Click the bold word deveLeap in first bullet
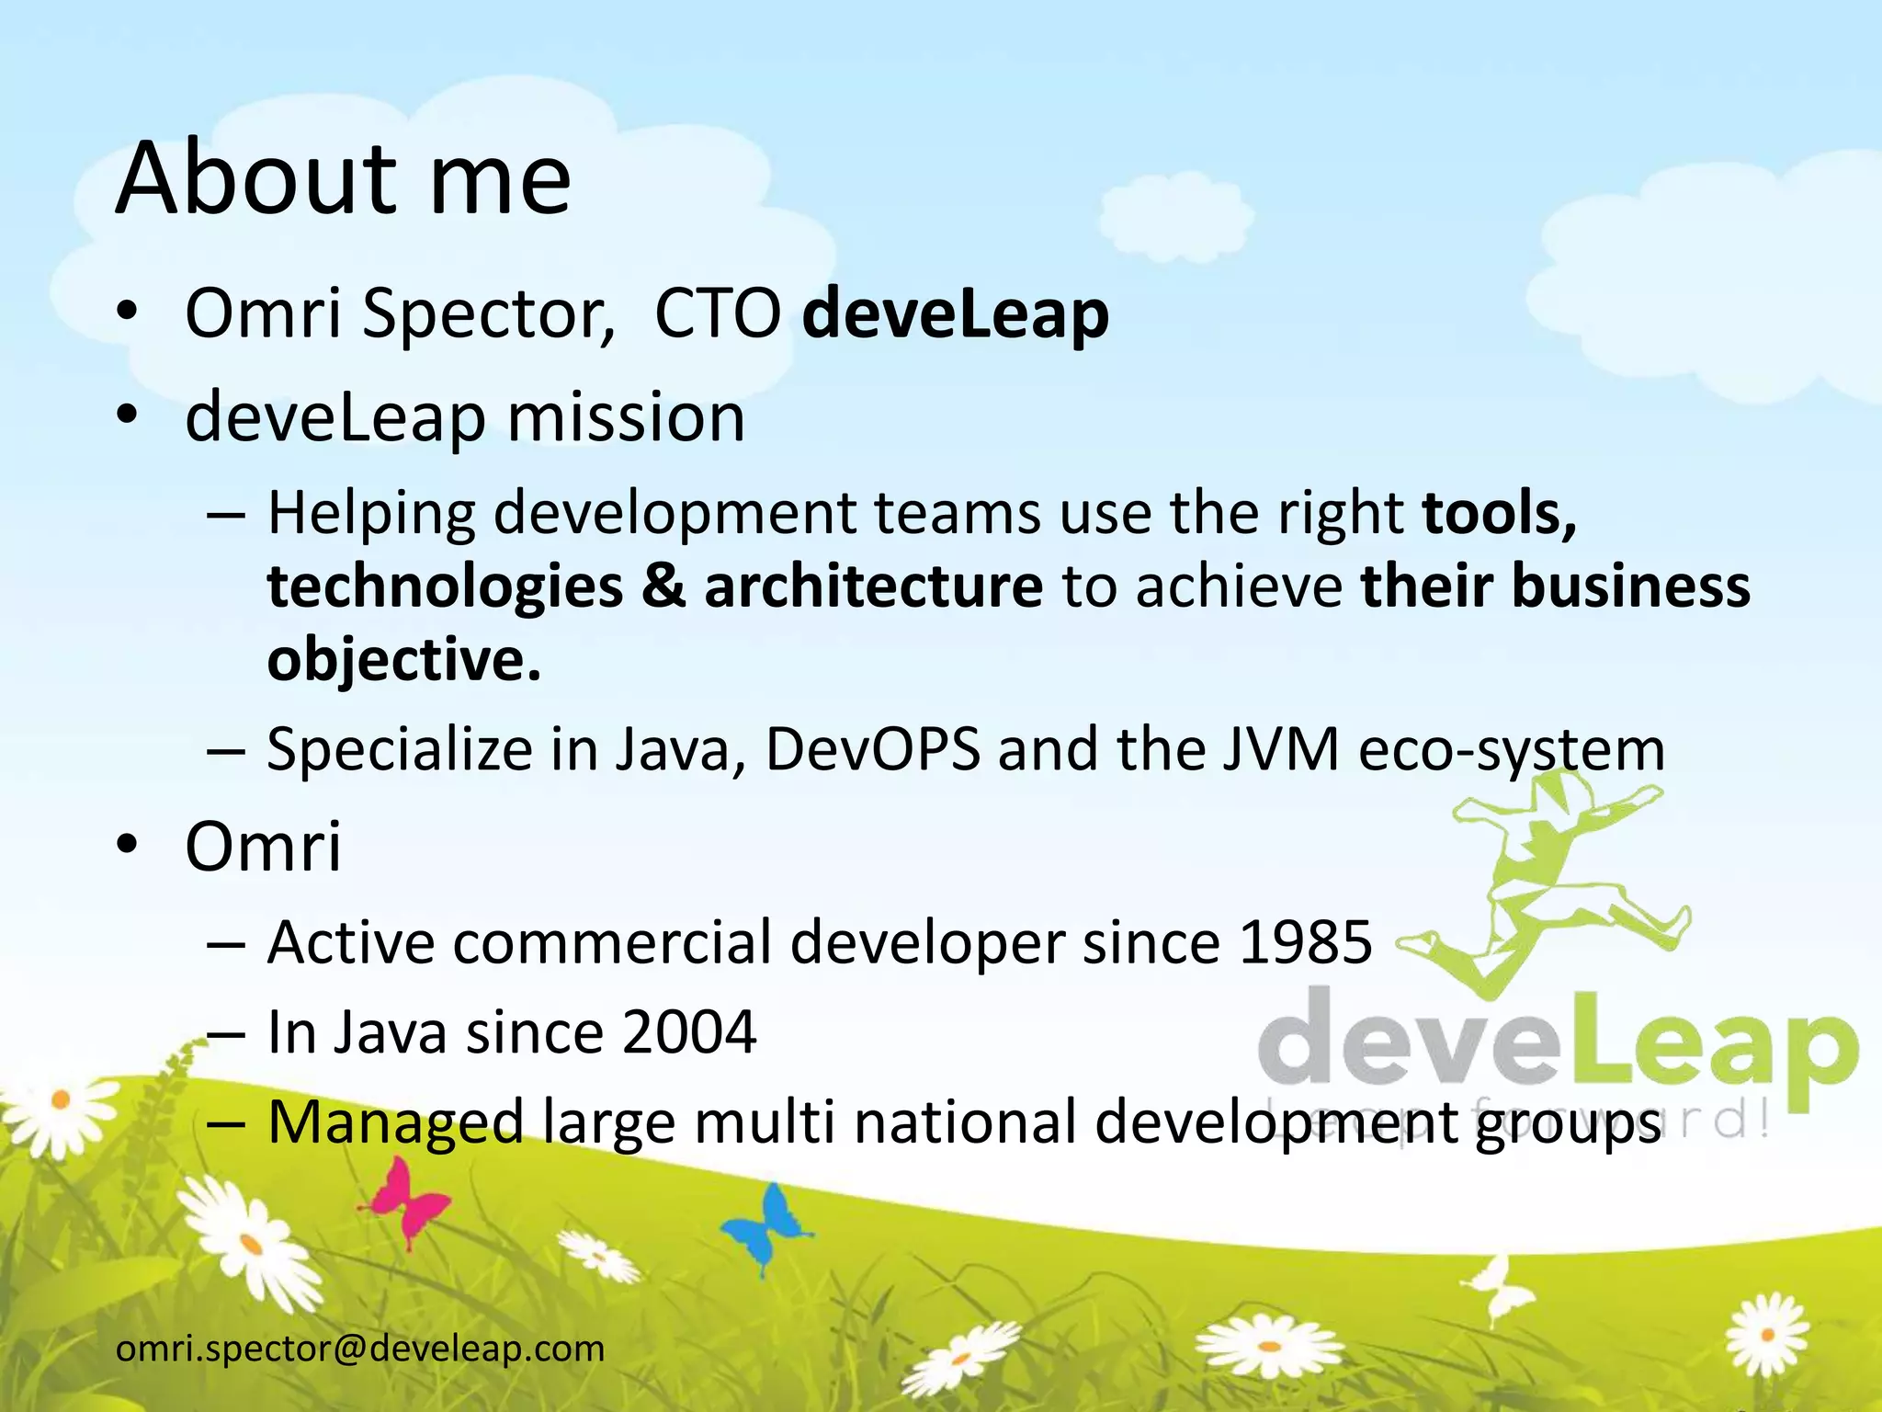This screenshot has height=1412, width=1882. pos(956,314)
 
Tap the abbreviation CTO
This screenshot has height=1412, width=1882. pos(717,314)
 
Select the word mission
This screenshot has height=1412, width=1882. pos(626,417)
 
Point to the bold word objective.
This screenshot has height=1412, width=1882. pos(403,659)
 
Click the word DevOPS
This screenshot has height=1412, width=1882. pos(873,749)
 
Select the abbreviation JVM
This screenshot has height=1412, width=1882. pos(1282,749)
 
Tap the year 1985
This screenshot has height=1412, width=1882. pos(1305,942)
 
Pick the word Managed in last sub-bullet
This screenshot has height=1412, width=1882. pos(395,1122)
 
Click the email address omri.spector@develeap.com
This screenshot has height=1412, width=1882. pos(360,1349)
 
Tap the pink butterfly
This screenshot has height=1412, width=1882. pos(404,1200)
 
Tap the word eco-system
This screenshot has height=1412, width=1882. pos(1512,749)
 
